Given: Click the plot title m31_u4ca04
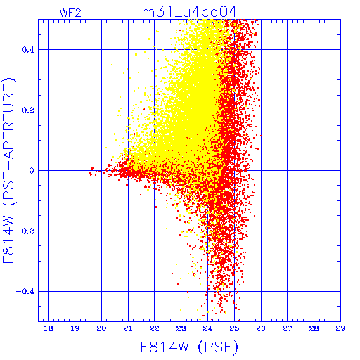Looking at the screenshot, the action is pos(190,12).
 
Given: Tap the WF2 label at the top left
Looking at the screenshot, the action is pos(70,13).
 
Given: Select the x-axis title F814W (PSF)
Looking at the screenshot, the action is pos(189,347).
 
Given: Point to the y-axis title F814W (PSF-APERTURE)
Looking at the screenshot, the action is pos(9,170).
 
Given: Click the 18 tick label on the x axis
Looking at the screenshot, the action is pos(49,328).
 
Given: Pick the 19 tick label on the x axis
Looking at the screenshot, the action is pos(75,328).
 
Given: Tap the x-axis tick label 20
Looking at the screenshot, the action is pos(101,328).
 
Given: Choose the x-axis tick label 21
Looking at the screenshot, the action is pos(128,328).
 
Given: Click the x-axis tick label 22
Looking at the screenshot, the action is pos(155,328).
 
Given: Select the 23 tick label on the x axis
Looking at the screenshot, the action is pos(181,328).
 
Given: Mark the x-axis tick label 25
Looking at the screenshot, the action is pos(234,328).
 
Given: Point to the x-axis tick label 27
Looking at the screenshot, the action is pos(287,328).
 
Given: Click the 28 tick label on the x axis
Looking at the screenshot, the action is pos(314,328).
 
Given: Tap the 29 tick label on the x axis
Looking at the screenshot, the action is pos(340,328).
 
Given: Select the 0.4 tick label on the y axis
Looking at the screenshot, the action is pos(28,50).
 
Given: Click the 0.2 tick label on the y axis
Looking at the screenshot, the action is pos(28,110).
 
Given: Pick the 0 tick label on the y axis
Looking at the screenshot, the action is pos(32,171).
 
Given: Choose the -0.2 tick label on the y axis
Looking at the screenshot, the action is pos(25,231).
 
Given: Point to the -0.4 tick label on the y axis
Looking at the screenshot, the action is pos(25,292).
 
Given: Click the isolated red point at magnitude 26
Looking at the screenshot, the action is pos(261,136).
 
